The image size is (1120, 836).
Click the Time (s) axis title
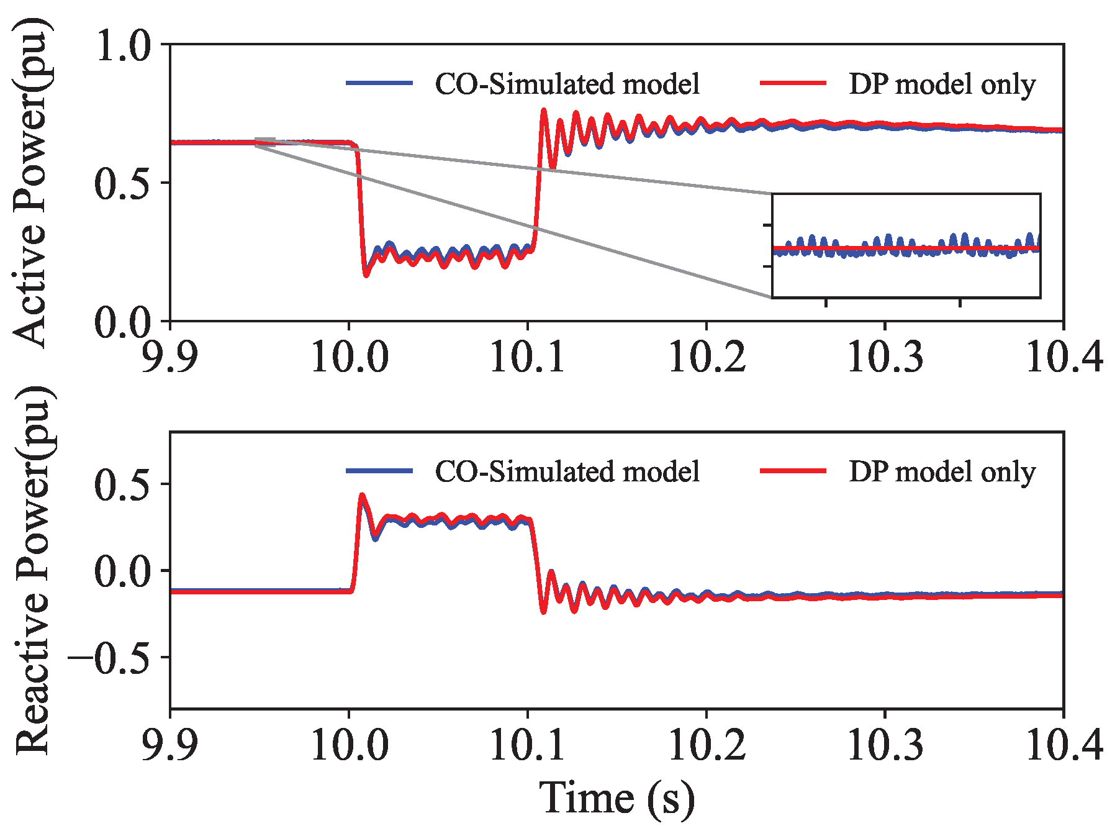(616, 798)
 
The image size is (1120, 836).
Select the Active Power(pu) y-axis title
(30, 183)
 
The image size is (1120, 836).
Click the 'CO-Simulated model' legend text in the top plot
(567, 84)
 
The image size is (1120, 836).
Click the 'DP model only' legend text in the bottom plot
(942, 471)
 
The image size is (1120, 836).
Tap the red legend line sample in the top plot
(793, 83)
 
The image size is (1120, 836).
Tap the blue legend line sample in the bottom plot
(379, 471)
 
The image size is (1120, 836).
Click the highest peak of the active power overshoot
(544, 111)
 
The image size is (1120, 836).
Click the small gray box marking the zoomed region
(265, 142)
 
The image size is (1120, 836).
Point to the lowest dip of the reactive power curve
(543, 612)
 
